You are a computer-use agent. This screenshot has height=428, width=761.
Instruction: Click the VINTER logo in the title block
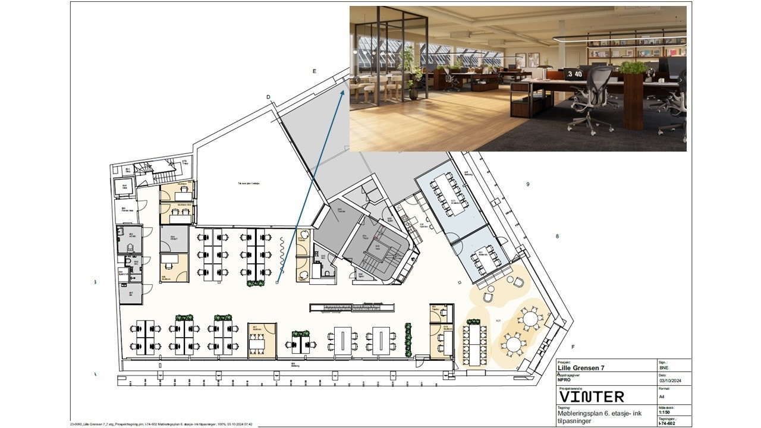point(592,396)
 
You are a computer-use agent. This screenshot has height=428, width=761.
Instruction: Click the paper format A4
point(662,396)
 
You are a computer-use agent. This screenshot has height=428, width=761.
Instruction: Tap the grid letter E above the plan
point(315,71)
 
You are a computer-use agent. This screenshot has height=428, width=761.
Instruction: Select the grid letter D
point(269,97)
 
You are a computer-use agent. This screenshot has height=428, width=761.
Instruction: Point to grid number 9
point(527,184)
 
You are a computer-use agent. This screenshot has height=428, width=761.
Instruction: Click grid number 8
point(557,236)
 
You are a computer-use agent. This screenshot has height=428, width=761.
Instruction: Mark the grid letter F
point(573,347)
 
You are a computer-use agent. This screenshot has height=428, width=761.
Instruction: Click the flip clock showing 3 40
point(574,74)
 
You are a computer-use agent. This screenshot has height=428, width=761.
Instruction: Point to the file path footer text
point(162,424)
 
